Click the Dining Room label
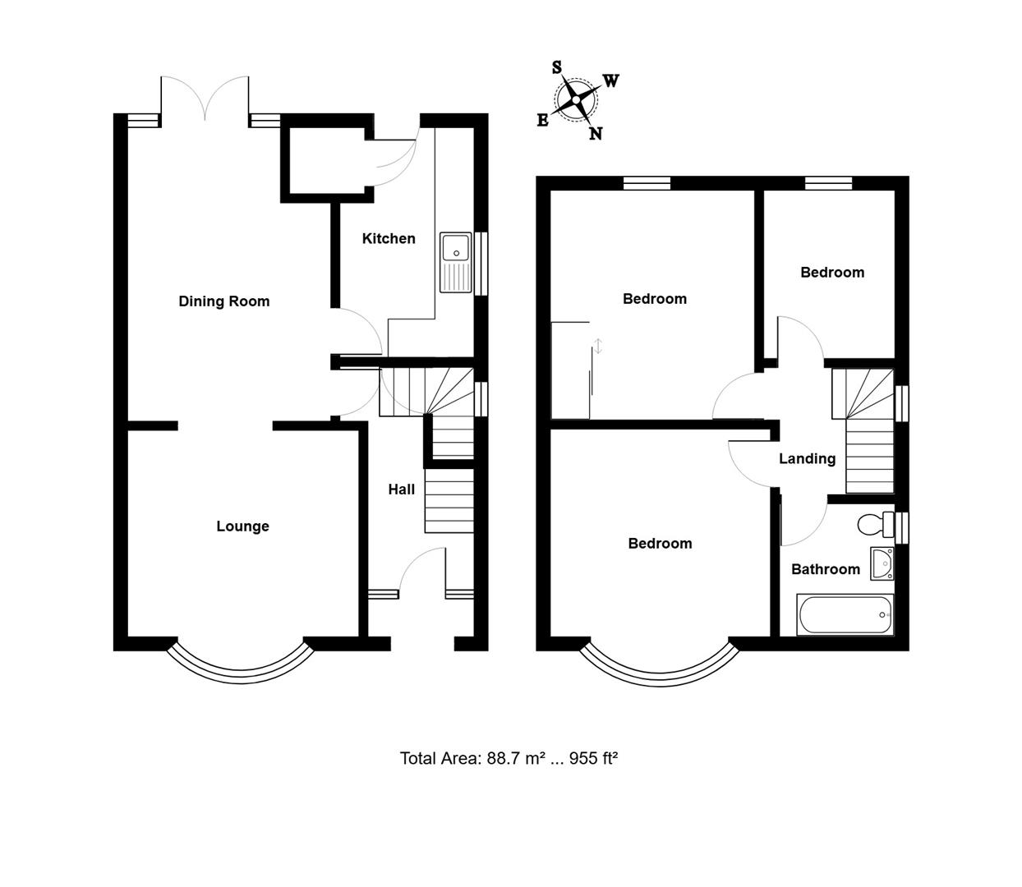pos(223,301)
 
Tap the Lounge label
pos(242,526)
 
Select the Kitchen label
pos(389,239)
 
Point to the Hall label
pos(401,489)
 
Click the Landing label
pos(807,459)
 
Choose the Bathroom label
pos(825,569)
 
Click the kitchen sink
pos(455,262)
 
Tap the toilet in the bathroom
pos(873,523)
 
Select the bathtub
pos(845,614)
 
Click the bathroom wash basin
pos(882,563)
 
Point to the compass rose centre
pos(576,100)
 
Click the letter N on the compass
pos(596,134)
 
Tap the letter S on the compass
pos(556,67)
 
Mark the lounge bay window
pos(242,665)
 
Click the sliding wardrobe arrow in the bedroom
pos(598,347)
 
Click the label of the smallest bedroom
pos(832,273)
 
